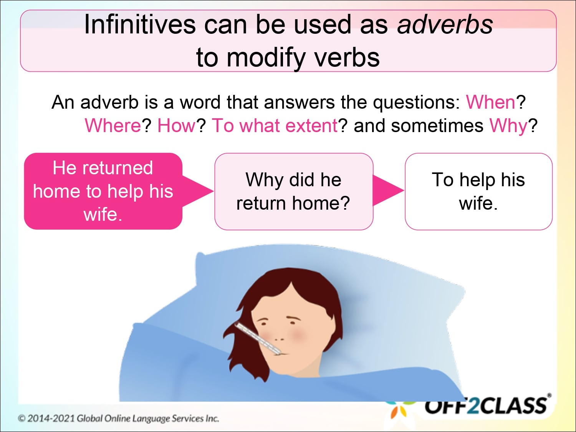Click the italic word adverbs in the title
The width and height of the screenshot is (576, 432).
pyautogui.click(x=445, y=25)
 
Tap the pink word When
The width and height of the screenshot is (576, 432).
pyautogui.click(x=490, y=103)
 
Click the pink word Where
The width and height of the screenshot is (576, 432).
pyautogui.click(x=113, y=126)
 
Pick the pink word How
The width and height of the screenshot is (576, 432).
pyautogui.click(x=177, y=126)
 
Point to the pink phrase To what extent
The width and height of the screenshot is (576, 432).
pyautogui.click(x=275, y=126)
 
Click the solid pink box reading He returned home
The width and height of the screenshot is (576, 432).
pyautogui.click(x=103, y=191)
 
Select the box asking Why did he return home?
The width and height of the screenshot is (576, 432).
pyautogui.click(x=293, y=192)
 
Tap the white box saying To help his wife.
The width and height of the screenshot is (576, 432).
pyautogui.click(x=478, y=192)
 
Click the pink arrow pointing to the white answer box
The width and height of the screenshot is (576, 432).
pyautogui.click(x=387, y=190)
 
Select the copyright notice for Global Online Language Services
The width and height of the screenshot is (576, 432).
pyautogui.click(x=118, y=418)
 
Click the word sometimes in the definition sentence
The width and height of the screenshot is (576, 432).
pyautogui.click(x=437, y=126)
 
